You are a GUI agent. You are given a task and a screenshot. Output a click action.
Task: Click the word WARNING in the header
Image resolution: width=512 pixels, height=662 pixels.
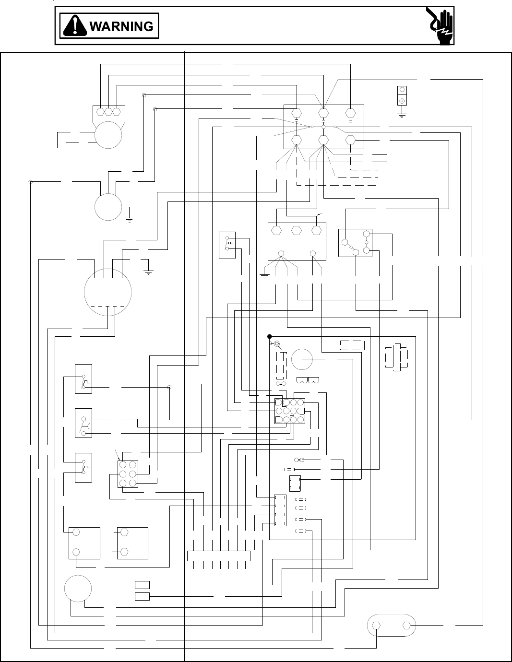click(x=121, y=26)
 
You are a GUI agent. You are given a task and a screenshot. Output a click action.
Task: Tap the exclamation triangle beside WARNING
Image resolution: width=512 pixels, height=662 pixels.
click(x=74, y=26)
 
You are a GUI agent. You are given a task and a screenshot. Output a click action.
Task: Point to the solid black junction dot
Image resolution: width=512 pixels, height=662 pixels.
click(x=270, y=336)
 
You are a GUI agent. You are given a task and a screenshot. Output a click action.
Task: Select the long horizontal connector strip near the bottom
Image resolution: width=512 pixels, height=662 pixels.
click(x=218, y=556)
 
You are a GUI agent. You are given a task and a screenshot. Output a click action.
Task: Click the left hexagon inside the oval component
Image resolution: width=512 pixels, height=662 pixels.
click(x=377, y=625)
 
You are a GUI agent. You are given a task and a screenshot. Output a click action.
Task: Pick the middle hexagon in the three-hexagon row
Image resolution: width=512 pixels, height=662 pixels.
click(x=296, y=230)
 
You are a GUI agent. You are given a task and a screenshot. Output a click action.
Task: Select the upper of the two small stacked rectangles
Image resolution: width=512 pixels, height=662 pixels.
click(x=142, y=584)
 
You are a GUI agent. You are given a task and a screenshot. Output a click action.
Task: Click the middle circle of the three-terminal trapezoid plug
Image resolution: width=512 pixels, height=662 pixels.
click(x=108, y=111)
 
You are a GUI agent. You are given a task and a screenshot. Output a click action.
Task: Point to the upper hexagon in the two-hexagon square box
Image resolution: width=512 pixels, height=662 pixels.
click(x=124, y=532)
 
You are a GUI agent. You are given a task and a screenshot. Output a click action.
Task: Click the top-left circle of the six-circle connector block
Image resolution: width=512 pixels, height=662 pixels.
click(x=123, y=465)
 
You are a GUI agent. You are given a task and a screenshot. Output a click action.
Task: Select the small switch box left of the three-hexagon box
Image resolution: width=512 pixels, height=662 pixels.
click(x=227, y=245)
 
